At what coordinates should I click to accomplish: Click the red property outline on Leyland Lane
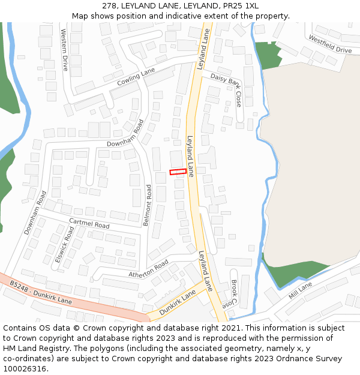(178, 172)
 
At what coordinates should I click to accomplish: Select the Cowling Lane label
(136, 76)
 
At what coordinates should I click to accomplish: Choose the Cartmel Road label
(89, 223)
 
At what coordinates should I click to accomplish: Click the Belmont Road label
(148, 205)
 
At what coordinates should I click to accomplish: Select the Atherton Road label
(149, 269)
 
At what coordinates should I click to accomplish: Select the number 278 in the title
(110, 6)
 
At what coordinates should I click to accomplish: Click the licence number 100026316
(25, 369)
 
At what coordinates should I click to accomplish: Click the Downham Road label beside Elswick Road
(34, 213)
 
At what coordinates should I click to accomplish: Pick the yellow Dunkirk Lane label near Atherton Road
(178, 302)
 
